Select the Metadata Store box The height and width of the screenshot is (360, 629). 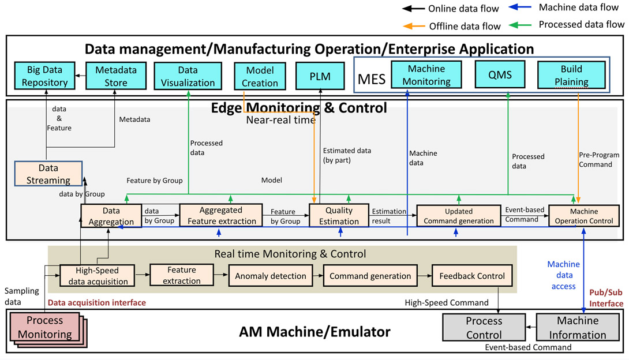pyautogui.click(x=112, y=76)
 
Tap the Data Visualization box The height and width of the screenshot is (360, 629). pyautogui.click(x=188, y=76)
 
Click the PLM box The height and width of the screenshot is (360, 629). pyautogui.click(x=320, y=76)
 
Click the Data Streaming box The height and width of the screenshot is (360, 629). pyautogui.click(x=44, y=174)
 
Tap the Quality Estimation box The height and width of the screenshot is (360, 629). pyautogui.click(x=339, y=216)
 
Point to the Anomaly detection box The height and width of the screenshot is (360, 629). pyautogui.click(x=271, y=276)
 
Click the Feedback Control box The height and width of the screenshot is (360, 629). pyautogui.click(x=472, y=276)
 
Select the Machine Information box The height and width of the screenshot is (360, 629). pyautogui.click(x=578, y=328)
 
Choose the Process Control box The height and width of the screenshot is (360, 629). pyautogui.click(x=484, y=327)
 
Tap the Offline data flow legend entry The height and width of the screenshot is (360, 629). pyautogui.click(x=450, y=25)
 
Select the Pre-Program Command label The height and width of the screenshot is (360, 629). pyautogui.click(x=598, y=160)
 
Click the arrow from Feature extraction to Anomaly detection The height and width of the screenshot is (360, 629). pyautogui.click(x=222, y=276)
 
